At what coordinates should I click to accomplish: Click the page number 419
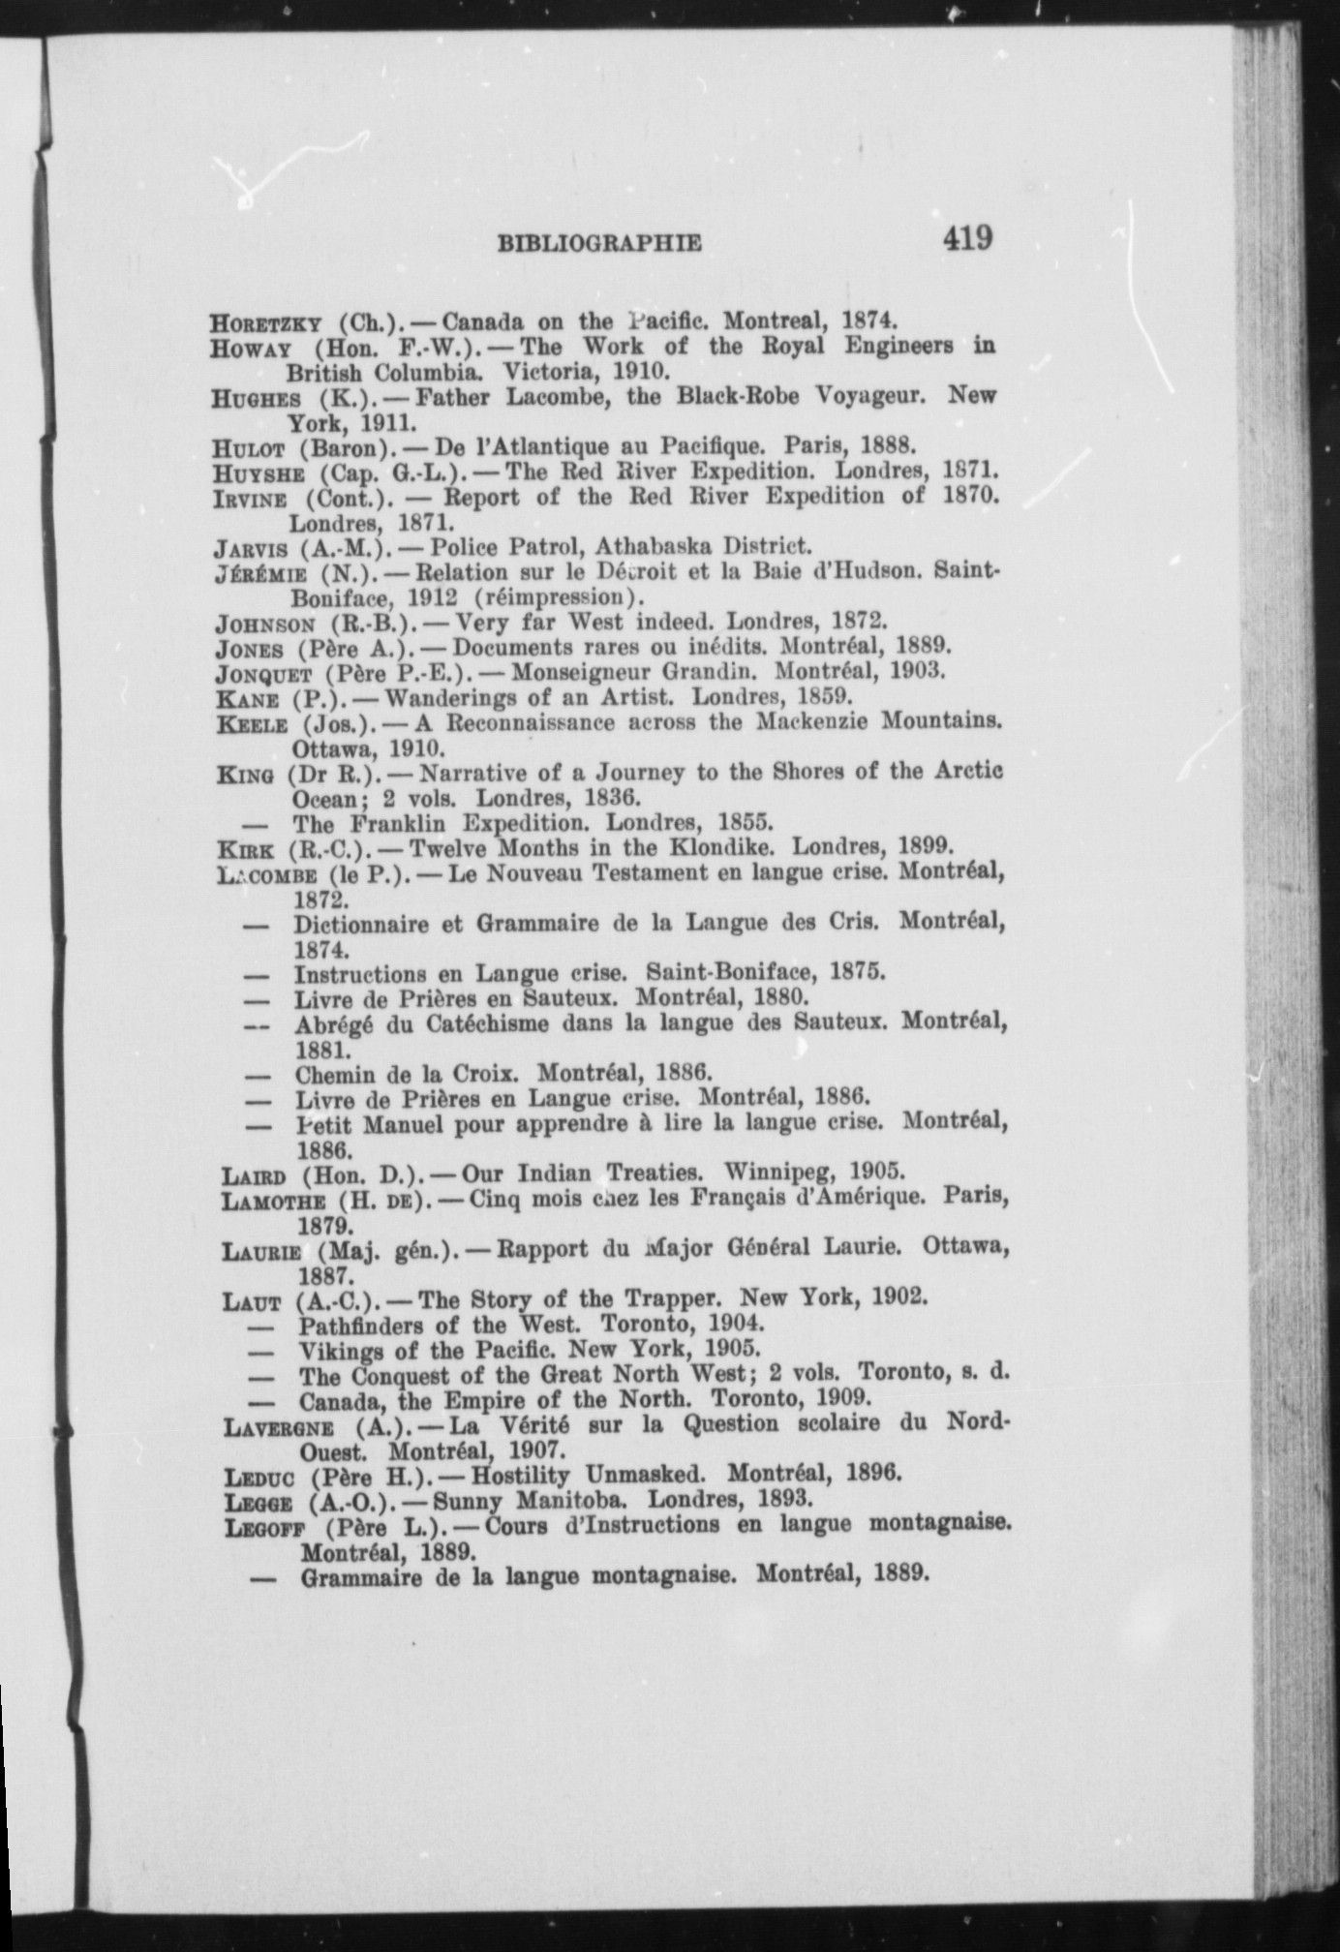965,237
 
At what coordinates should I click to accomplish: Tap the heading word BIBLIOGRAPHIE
599,243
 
